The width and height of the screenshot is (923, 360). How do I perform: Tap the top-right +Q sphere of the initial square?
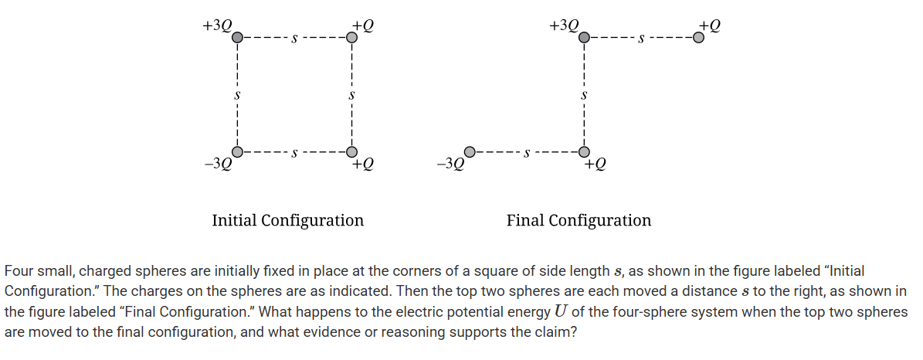[351, 36]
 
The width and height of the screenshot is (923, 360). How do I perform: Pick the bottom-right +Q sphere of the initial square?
[351, 151]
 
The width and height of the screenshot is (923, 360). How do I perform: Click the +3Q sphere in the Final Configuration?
[585, 36]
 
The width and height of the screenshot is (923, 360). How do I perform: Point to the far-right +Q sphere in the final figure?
[698, 36]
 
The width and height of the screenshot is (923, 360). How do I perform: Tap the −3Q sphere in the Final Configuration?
[470, 151]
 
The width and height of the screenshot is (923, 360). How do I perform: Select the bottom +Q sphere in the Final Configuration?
[585, 151]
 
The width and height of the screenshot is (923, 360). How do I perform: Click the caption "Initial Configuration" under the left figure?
[287, 220]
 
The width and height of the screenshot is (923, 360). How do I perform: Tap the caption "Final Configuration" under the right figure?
[579, 220]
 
